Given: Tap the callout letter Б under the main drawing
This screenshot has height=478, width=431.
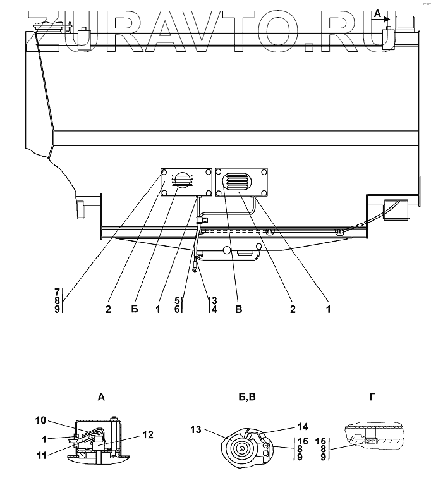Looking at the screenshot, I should click(134, 309).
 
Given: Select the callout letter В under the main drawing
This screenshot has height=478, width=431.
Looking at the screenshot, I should click(239, 309).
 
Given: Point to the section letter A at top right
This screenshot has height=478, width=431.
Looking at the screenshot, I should click(377, 13).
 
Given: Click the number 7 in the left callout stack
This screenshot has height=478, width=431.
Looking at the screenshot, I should click(58, 291).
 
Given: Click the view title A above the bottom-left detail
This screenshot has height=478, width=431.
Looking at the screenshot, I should click(101, 397).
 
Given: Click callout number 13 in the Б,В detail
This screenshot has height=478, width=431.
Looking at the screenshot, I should click(197, 430).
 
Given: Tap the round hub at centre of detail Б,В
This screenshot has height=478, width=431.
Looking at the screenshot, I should click(242, 449).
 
